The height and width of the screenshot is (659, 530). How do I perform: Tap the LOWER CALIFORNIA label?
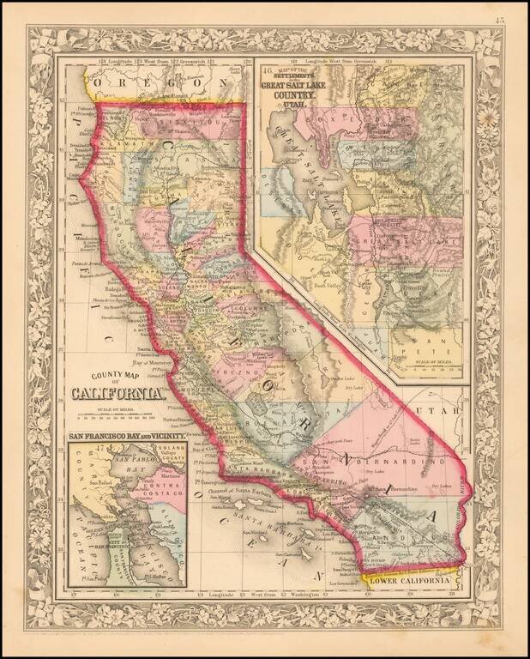pos(409,581)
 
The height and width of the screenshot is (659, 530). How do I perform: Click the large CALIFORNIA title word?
pos(117,394)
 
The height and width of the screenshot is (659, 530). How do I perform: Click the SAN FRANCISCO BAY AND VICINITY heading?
pos(127,437)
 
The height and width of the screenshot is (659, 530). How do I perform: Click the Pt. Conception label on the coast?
pos(203,480)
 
